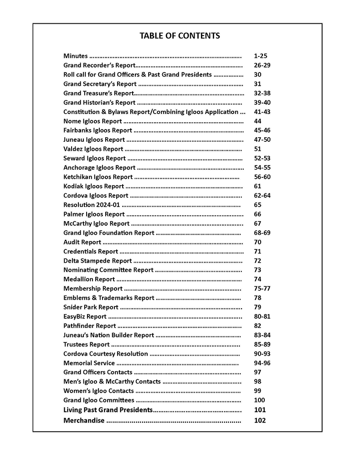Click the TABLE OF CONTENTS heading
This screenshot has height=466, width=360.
(180, 36)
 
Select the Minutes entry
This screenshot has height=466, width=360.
(76, 56)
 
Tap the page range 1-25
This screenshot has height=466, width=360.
(260, 56)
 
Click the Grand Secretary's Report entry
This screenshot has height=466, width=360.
(100, 84)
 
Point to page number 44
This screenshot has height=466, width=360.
(257, 121)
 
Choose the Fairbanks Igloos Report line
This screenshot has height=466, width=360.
(98, 130)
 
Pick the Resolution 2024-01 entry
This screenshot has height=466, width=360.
(92, 205)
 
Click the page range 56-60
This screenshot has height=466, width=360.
(262, 177)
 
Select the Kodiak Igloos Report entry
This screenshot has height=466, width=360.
(93, 186)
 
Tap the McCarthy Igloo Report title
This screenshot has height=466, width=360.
(96, 223)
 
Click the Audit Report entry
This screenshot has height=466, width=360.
(82, 242)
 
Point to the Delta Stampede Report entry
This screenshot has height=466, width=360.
(98, 261)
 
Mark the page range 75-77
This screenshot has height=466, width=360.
(262, 289)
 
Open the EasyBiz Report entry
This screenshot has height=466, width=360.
(85, 316)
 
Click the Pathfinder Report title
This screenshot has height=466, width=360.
(89, 326)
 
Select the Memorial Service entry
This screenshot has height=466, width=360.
(89, 363)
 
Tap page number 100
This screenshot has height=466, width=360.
(259, 400)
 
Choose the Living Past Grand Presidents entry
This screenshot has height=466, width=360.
(108, 410)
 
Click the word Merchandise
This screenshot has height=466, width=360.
(84, 420)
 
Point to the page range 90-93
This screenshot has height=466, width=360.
(262, 354)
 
